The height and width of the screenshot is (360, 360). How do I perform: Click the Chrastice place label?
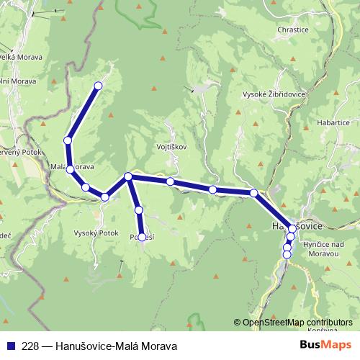click(x=292, y=30)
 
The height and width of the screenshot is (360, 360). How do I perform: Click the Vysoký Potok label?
click(x=95, y=233)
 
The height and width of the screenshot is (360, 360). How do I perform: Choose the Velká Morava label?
click(x=22, y=57)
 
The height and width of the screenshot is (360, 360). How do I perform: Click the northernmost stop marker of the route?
click(x=98, y=86)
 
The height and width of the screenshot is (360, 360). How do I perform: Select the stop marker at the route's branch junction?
click(x=128, y=176)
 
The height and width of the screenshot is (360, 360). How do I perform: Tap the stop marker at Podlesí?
click(x=143, y=237)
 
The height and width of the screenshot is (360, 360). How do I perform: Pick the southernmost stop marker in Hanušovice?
click(x=287, y=253)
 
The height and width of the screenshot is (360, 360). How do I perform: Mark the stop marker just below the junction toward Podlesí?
click(x=139, y=210)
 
